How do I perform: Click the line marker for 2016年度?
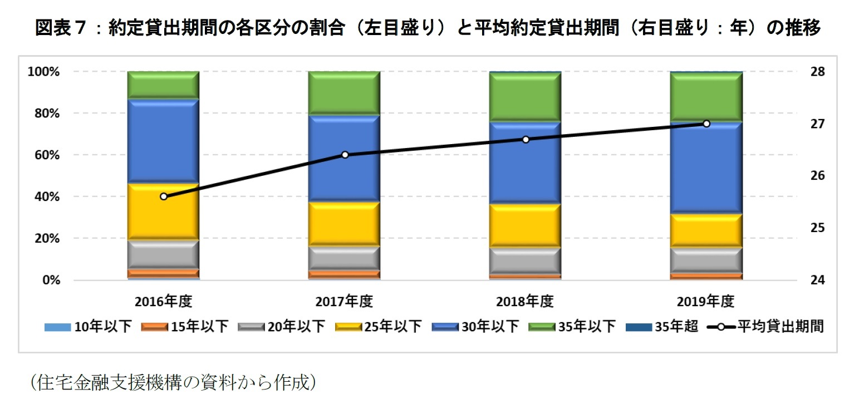pos(164,196)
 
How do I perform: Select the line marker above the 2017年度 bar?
pos(345,155)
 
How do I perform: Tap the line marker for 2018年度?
pos(526,139)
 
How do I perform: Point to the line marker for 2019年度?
pos(706,124)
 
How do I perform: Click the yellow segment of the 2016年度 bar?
pos(164,211)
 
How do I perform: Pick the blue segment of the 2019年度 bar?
pos(706,167)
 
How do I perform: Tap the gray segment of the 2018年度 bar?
pos(526,260)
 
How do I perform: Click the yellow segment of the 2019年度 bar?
pos(706,230)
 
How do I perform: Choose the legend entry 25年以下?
pos(379,327)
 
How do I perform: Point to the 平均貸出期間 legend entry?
pos(765,327)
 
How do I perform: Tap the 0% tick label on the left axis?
pos(51,280)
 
